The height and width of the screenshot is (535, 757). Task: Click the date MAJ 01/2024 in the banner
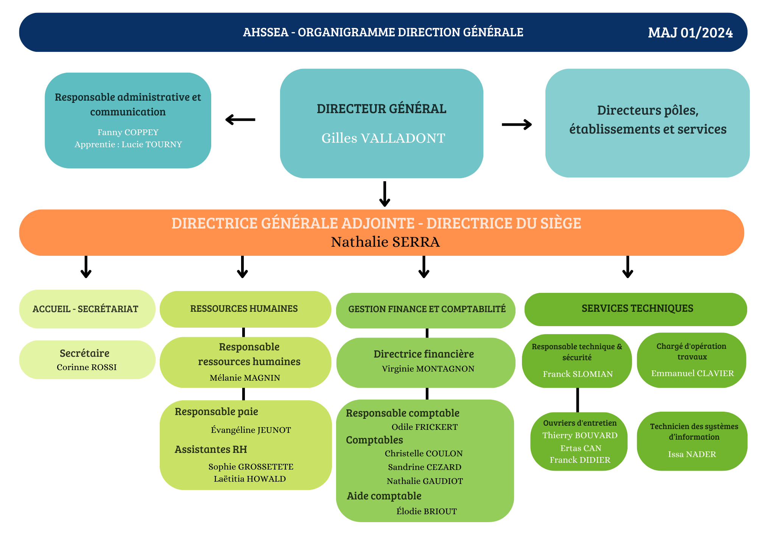[x=690, y=33]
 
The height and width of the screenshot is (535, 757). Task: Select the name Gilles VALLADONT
[x=383, y=138]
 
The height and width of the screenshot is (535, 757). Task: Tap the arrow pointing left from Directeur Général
[x=240, y=120]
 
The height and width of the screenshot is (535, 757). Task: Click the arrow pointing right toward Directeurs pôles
[x=517, y=124]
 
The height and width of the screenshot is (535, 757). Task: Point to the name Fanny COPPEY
[x=128, y=132]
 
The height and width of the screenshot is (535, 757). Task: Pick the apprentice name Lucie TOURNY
[x=151, y=145]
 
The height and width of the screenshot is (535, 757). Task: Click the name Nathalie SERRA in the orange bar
[x=385, y=242]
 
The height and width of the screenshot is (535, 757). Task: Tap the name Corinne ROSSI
[x=87, y=367]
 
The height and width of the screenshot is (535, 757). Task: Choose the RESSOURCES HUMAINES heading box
[x=244, y=309]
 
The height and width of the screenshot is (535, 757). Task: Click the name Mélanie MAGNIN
[x=245, y=378]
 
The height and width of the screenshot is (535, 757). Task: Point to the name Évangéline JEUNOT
[x=251, y=430]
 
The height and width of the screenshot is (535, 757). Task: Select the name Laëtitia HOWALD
[x=250, y=479]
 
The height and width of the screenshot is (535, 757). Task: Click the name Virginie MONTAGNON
[x=428, y=369]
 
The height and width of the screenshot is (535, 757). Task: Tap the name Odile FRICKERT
[x=424, y=427]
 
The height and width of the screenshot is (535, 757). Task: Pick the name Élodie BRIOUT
[x=426, y=512]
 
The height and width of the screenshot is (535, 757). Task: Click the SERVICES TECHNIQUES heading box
[x=637, y=309]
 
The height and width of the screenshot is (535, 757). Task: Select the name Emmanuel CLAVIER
[x=692, y=373]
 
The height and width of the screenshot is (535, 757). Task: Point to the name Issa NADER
[x=692, y=454]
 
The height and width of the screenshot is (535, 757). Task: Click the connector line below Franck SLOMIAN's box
[x=578, y=400]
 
